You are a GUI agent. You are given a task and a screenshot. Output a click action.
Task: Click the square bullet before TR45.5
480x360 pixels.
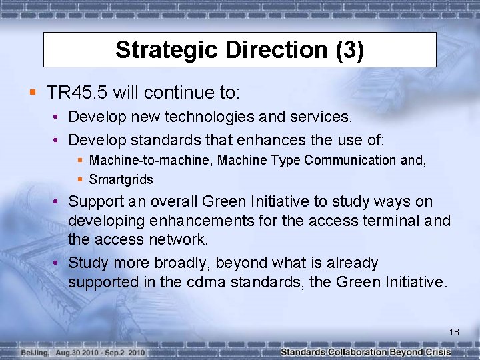tap(33, 91)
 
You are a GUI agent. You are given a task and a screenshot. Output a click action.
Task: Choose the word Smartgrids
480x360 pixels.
tap(121, 179)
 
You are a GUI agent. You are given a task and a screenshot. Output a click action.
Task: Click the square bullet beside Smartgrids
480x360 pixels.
tap(80, 179)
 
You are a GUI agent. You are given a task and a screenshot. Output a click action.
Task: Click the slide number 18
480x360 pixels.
tap(454, 331)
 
